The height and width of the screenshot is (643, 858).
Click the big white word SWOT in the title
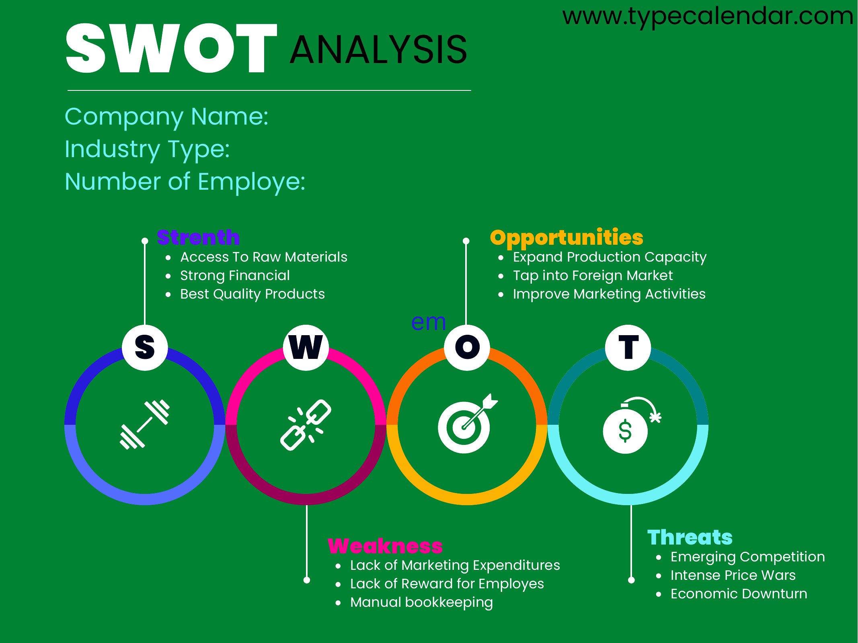coord(172,48)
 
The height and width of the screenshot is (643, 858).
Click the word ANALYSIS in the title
coord(378,50)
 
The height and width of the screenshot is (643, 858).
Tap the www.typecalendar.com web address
coord(708,17)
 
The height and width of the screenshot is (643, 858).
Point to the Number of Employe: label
coord(185,182)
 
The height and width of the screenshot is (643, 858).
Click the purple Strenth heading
coord(198,237)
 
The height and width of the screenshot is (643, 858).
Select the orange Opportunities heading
coord(567,238)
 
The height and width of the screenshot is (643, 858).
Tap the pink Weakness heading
coord(385,546)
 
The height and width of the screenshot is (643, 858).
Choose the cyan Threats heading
coord(690,537)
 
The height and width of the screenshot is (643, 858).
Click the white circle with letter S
coord(145,348)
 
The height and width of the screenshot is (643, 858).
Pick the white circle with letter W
coord(306,348)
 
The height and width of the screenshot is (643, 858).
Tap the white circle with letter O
coord(467,348)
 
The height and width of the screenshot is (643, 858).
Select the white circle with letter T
coord(628,348)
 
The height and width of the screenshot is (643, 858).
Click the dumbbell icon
coord(145,424)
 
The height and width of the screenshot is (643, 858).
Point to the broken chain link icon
coord(306,425)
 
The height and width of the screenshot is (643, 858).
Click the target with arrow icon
coord(468,424)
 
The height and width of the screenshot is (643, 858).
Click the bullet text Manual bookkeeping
coord(421,602)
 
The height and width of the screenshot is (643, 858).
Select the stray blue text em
coord(429,322)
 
